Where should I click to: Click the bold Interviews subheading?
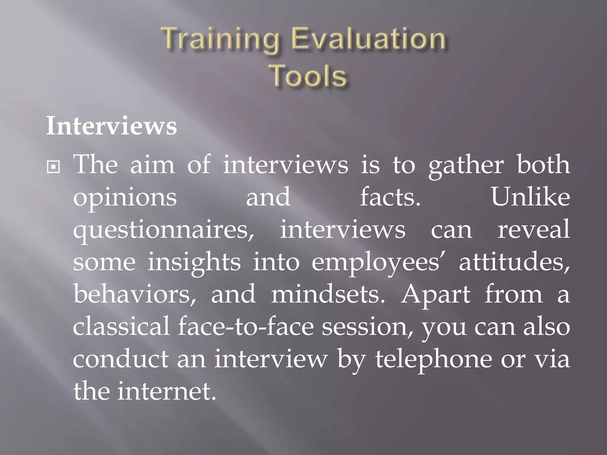(x=111, y=126)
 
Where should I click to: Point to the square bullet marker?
(x=53, y=167)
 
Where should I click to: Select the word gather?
(x=466, y=165)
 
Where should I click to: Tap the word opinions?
(x=125, y=198)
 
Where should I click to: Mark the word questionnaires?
(x=163, y=230)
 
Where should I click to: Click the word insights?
(x=194, y=263)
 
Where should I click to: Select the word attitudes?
(x=514, y=262)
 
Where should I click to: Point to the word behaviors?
(x=135, y=294)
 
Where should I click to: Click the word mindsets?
(x=328, y=294)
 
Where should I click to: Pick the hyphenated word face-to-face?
(x=246, y=327)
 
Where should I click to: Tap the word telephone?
(x=434, y=359)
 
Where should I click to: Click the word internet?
(x=166, y=391)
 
